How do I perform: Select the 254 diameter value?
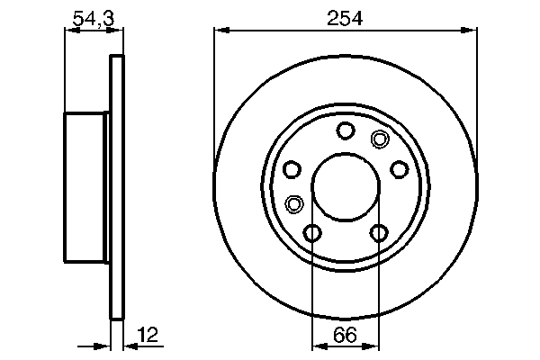pos(346,17)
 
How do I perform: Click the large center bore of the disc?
pos(346,186)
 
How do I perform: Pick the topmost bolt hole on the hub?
pos(346,131)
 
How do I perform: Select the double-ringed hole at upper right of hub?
pos(380,139)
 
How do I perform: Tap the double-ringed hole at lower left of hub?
pos(293,203)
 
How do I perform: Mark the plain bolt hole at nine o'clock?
pos(292,169)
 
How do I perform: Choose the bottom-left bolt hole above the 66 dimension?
pos(312,234)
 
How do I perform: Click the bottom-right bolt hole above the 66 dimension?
pos(379,234)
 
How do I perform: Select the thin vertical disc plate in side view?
pos(115,186)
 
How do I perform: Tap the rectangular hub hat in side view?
pos(86,186)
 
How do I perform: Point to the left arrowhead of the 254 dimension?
pos(219,31)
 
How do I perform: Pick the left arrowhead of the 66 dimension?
pos(317,346)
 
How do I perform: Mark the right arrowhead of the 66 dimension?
pos(374,346)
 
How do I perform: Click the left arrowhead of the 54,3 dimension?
pos(70,31)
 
